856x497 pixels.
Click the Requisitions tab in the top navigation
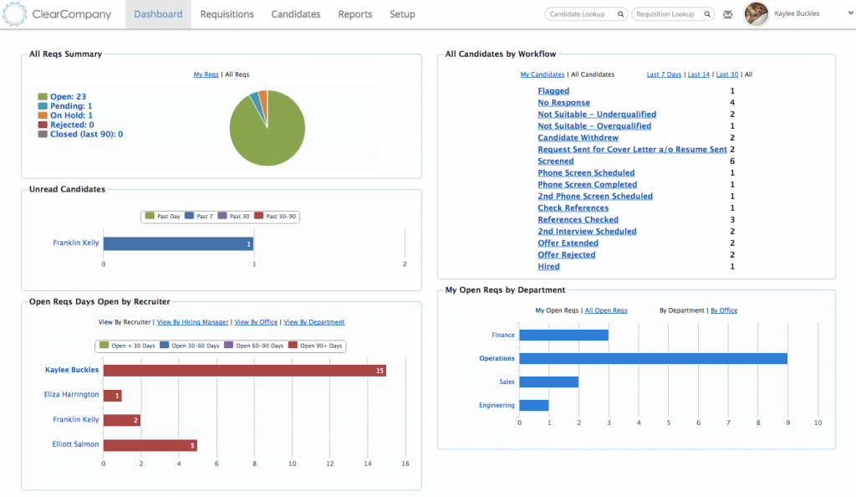point(227,14)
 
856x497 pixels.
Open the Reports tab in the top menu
point(355,14)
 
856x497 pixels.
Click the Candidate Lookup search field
point(582,14)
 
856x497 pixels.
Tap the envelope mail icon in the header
point(728,14)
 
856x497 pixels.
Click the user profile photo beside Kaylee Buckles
point(756,14)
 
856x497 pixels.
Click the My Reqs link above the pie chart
point(206,74)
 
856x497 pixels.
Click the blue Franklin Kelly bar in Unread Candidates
point(178,243)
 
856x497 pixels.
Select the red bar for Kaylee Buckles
point(244,370)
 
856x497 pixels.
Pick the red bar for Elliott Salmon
point(150,445)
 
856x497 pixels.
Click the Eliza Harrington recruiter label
point(71,394)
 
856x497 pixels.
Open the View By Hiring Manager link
point(193,322)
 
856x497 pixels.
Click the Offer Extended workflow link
point(567,243)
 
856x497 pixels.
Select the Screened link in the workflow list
point(556,161)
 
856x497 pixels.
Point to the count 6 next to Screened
point(732,161)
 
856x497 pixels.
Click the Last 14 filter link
point(698,74)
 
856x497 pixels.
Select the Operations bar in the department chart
point(653,358)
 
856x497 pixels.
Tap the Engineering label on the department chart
point(497,405)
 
